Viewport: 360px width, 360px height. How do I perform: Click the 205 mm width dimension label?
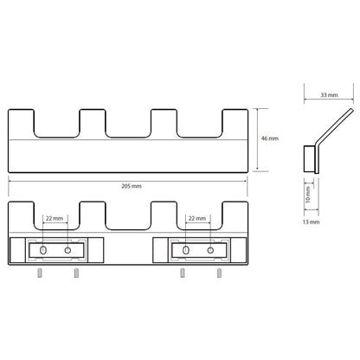point(132,186)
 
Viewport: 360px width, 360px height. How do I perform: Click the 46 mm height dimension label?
point(270,138)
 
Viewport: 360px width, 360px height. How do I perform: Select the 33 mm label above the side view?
point(329,95)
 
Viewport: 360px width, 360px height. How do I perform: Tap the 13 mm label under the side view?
point(311,222)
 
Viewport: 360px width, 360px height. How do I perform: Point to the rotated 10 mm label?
point(308,195)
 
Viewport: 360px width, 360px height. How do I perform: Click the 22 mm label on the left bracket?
point(55,218)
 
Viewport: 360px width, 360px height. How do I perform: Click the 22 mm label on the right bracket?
point(197,218)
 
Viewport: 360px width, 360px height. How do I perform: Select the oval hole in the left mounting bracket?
point(43,250)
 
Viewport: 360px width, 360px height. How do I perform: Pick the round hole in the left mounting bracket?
point(67,250)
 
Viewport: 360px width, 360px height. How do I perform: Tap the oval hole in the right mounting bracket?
point(186,250)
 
